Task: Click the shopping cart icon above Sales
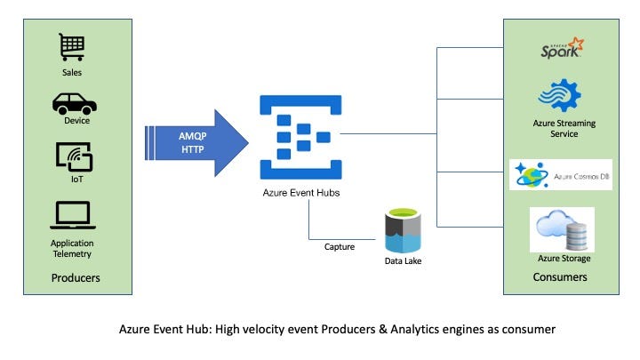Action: tap(72, 47)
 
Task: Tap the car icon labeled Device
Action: tap(75, 104)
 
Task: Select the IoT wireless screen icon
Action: tap(75, 156)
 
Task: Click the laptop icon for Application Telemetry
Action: tap(73, 215)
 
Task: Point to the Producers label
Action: tap(76, 278)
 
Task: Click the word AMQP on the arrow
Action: tap(193, 136)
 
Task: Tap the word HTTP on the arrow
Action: tap(193, 150)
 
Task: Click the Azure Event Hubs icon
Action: tap(300, 137)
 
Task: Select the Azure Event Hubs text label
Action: tap(301, 193)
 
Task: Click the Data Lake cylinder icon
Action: tap(403, 230)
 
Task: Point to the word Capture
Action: tap(340, 247)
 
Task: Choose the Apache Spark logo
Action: tap(562, 48)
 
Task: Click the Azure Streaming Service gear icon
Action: tap(560, 95)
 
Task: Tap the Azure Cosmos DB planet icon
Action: tap(532, 175)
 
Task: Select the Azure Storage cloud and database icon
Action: tap(562, 229)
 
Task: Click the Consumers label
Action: tap(560, 277)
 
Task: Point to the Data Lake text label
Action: tap(403, 260)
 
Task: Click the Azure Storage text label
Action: tap(564, 259)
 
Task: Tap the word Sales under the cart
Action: tap(72, 73)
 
